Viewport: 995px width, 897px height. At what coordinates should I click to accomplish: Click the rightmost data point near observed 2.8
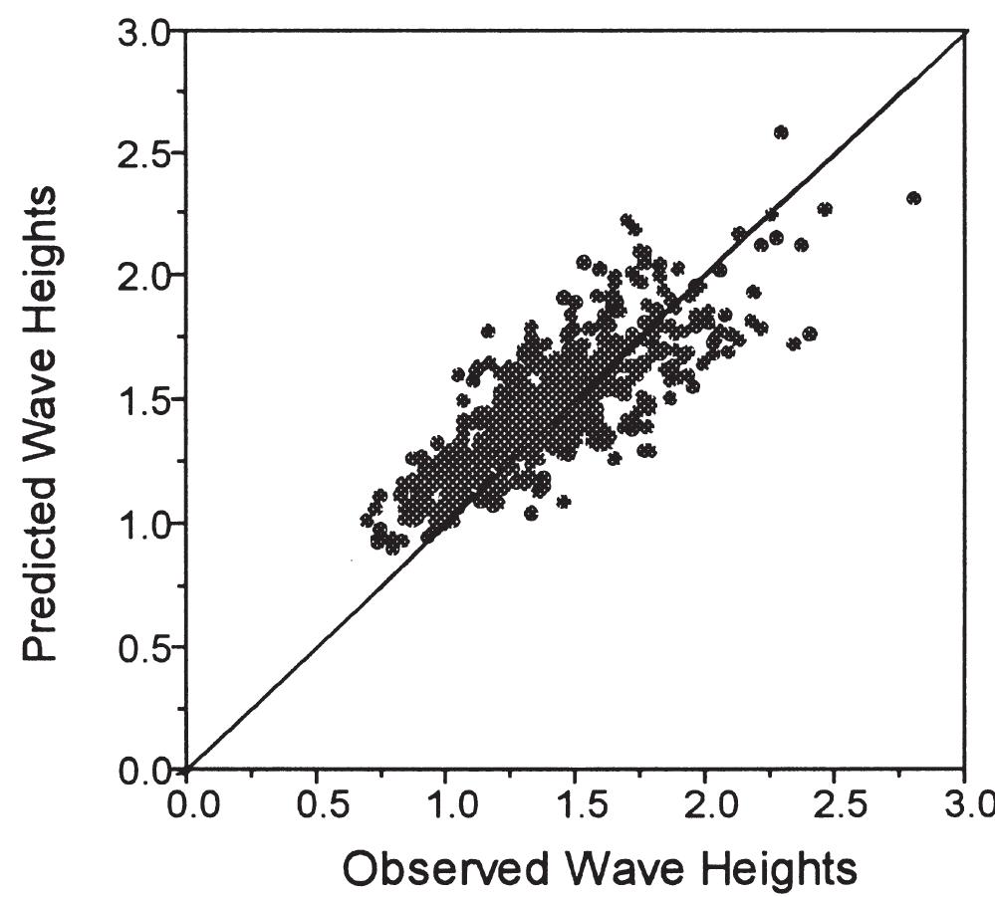pyautogui.click(x=913, y=198)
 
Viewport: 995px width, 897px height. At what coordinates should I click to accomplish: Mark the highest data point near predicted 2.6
pyautogui.click(x=781, y=132)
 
